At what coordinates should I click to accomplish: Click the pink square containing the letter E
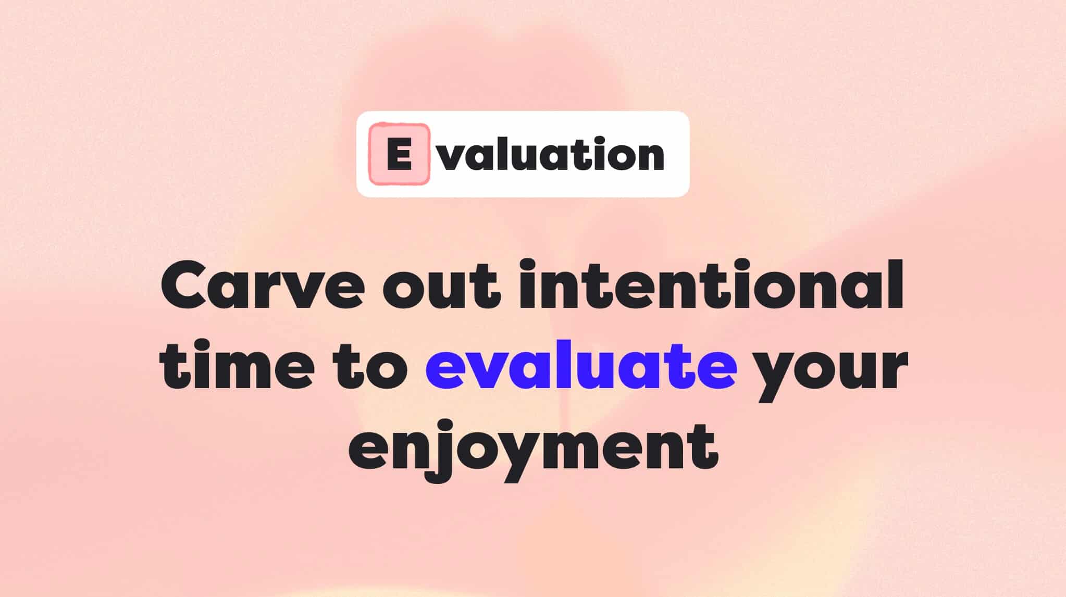pyautogui.click(x=399, y=154)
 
